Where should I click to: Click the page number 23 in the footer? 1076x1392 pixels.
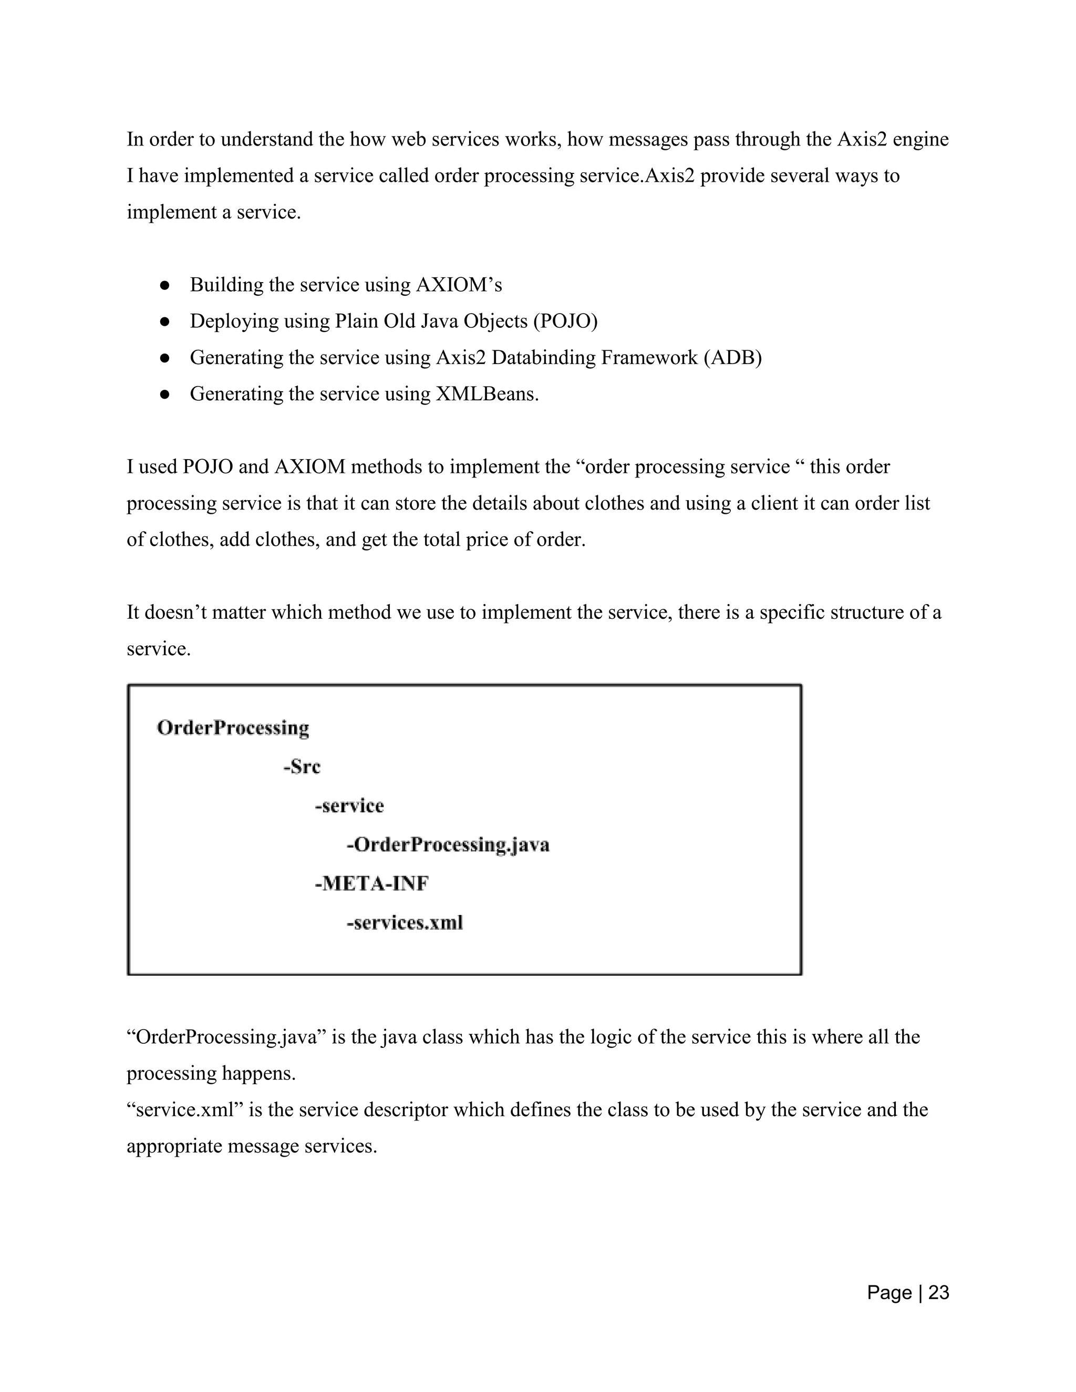click(938, 1293)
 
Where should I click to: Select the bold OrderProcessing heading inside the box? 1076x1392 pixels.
click(233, 728)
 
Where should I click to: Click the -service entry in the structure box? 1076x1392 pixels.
click(349, 806)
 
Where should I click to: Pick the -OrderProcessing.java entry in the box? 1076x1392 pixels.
click(448, 845)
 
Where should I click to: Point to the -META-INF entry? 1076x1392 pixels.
click(371, 884)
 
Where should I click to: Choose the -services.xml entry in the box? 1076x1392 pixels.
click(404, 922)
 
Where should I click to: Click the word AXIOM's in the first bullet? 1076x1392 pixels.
click(459, 285)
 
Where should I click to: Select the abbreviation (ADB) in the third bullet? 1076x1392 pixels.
click(732, 358)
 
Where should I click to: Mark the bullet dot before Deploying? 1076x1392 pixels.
click(164, 322)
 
